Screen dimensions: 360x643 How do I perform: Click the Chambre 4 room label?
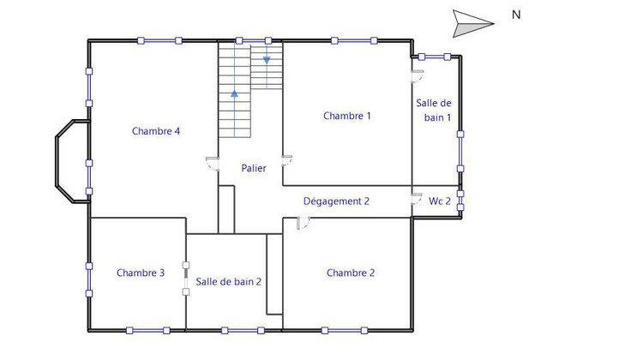[156, 131]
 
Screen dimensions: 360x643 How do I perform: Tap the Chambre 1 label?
[347, 116]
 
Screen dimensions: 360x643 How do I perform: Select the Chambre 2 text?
[351, 273]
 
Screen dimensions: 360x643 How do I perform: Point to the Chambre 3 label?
[141, 273]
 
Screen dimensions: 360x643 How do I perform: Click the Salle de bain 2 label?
[228, 281]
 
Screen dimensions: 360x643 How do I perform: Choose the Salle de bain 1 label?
[435, 110]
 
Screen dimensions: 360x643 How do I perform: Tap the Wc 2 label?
[440, 201]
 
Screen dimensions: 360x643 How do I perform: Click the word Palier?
[253, 168]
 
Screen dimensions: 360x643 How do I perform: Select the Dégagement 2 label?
[336, 201]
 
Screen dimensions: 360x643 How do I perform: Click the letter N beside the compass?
[516, 14]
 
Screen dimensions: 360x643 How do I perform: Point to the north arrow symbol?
[472, 22]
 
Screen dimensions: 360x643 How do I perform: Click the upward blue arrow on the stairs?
[234, 92]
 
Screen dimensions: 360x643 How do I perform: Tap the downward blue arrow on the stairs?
[267, 60]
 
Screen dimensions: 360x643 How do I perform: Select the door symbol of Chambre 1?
[288, 161]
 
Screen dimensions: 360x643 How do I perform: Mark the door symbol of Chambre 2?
[303, 223]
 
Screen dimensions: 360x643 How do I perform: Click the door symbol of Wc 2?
[416, 199]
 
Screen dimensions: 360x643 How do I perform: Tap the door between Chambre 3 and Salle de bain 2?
[185, 279]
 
